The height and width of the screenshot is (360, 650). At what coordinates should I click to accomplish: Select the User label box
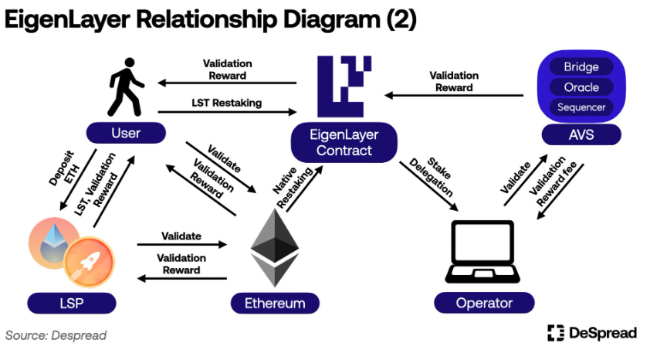click(126, 133)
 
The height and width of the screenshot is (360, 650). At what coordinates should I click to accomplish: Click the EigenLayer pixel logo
click(345, 86)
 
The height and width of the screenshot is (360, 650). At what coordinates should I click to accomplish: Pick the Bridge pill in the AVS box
click(581, 67)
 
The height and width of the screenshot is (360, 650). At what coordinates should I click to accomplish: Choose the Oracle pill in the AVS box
click(581, 87)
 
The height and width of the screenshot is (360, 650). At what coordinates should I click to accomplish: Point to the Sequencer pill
click(581, 107)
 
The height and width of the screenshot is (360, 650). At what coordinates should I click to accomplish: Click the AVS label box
click(581, 137)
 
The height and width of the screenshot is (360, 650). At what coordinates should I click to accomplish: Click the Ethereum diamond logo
click(274, 247)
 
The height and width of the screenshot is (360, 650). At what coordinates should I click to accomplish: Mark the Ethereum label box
click(275, 302)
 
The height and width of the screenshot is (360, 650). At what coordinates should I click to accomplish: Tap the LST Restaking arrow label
click(226, 103)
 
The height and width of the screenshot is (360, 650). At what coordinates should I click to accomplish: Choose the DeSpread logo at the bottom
click(592, 333)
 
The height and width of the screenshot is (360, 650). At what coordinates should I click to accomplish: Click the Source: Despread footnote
click(56, 335)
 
